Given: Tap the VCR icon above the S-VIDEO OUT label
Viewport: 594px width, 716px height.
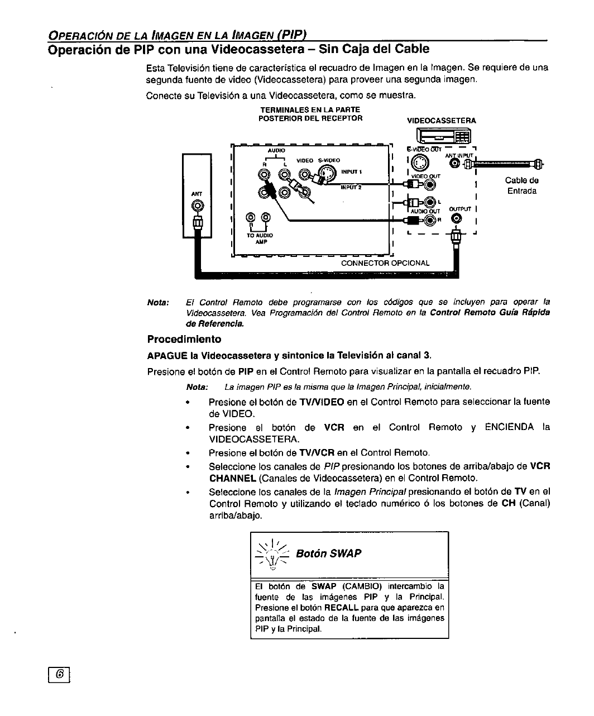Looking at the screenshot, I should (x=445, y=136).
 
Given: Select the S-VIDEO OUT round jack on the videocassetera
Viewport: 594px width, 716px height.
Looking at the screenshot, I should (x=424, y=162).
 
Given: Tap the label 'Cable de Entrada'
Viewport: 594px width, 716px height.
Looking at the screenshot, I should (x=521, y=185).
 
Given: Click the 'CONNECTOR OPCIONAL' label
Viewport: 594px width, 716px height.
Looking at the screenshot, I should (x=385, y=262).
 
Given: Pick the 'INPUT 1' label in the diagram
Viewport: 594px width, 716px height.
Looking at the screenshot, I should (x=352, y=171).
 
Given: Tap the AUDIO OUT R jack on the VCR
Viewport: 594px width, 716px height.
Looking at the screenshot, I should (x=430, y=219).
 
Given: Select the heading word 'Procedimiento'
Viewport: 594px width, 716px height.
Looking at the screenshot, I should (x=184, y=339).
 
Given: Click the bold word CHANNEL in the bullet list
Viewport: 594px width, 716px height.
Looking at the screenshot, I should (x=232, y=478).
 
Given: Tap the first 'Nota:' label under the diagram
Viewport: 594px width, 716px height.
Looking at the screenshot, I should (x=158, y=302).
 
